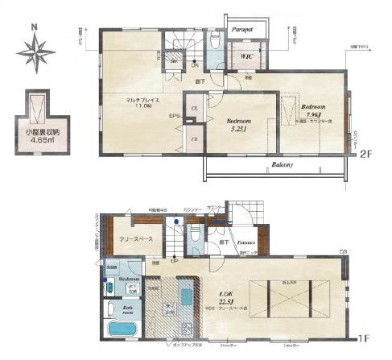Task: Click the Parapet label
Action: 242,29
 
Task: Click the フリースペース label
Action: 130,238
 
